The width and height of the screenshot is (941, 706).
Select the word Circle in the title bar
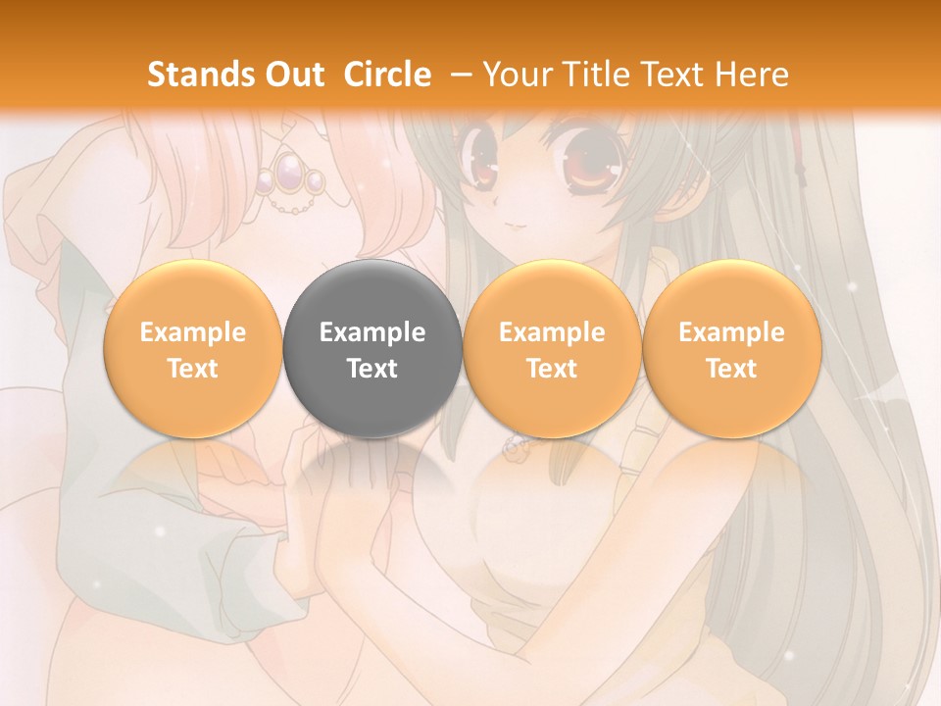tap(387, 75)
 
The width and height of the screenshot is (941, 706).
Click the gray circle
tap(372, 349)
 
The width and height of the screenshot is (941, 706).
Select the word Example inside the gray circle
tap(372, 332)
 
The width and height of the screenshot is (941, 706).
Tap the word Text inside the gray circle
tap(372, 369)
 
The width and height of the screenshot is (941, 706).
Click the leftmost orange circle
tap(192, 349)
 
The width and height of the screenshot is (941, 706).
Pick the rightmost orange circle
tap(732, 349)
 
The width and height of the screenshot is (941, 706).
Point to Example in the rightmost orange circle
tap(732, 332)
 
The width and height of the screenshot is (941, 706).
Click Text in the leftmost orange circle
tap(192, 369)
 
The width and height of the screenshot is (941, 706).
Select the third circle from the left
tap(552, 349)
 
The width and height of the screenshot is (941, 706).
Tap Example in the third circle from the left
tap(552, 332)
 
